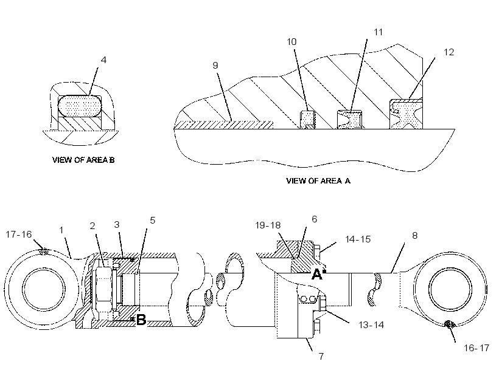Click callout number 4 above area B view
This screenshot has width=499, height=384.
[x=103, y=60]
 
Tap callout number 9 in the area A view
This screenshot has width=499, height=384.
[x=215, y=66]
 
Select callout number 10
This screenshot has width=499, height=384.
[x=291, y=42]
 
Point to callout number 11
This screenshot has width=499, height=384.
[x=378, y=32]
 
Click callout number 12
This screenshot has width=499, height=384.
[x=448, y=52]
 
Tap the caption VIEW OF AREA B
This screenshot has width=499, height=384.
[x=83, y=160]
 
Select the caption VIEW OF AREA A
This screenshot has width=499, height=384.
[x=318, y=180]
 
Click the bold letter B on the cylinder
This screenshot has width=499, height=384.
[x=141, y=320]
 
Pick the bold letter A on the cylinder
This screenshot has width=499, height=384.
[x=316, y=274]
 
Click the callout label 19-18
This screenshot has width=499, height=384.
[x=268, y=225]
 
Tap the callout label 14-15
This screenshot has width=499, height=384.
[x=358, y=239]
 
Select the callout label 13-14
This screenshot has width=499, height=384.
[x=371, y=325]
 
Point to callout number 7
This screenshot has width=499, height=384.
[x=321, y=357]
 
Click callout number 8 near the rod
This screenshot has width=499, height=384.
[x=414, y=236]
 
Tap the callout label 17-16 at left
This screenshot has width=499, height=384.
[x=19, y=235]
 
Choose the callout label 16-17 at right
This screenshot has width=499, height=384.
[x=476, y=348]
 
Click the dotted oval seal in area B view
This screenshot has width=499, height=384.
[x=80, y=106]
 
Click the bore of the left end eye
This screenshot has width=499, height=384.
[x=44, y=289]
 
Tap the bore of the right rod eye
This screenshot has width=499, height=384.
[x=450, y=289]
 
